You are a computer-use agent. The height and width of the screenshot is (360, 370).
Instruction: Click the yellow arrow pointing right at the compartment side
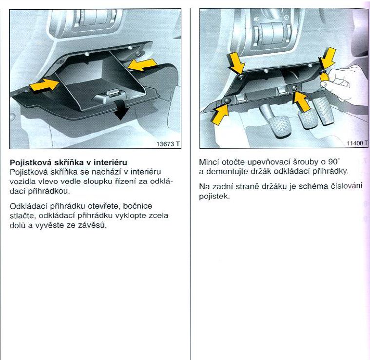click(x=44, y=85)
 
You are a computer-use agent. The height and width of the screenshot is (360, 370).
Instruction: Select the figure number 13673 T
click(x=168, y=144)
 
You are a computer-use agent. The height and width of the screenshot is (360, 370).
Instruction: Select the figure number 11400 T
click(x=357, y=143)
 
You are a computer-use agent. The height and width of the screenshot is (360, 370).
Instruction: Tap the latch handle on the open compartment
click(x=111, y=95)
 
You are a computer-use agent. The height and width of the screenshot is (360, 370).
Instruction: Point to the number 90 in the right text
click(x=333, y=162)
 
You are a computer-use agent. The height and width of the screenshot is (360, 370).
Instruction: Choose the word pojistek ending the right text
click(x=214, y=197)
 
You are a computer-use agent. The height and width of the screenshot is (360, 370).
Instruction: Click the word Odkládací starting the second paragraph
click(x=28, y=206)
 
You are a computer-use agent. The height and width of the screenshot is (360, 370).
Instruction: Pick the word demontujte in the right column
click(x=227, y=172)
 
